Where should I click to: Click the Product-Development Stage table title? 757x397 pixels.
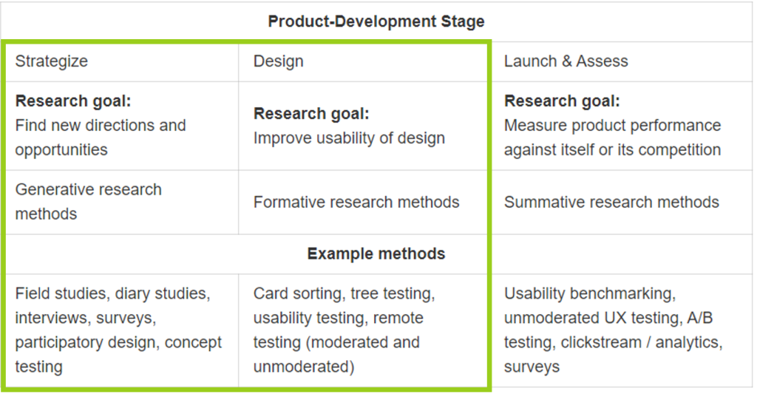(x=376, y=21)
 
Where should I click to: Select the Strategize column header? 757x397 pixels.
(x=51, y=61)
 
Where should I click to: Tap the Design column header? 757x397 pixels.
(x=278, y=61)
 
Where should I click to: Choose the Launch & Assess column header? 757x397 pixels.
(x=566, y=61)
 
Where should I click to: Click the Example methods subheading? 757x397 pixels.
(x=376, y=254)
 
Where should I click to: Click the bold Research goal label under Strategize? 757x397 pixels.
(x=72, y=101)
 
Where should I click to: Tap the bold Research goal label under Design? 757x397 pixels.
(x=310, y=114)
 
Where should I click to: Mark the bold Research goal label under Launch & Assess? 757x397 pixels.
(x=562, y=101)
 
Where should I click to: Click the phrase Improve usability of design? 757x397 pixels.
(x=349, y=138)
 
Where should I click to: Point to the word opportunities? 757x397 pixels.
(x=61, y=149)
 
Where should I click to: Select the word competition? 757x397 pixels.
(x=678, y=149)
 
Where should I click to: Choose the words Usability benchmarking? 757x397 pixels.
(x=589, y=293)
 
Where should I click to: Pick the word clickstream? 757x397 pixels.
(x=602, y=342)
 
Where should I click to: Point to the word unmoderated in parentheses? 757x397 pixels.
(x=299, y=367)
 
